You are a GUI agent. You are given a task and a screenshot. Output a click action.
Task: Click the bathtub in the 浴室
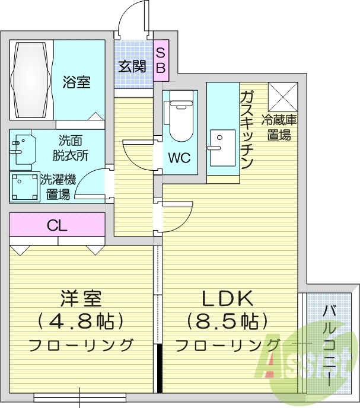pyautogui.click(x=31, y=79)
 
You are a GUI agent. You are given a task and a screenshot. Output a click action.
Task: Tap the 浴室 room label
pyautogui.click(x=77, y=82)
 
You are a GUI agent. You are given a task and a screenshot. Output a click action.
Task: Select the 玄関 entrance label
pyautogui.click(x=132, y=66)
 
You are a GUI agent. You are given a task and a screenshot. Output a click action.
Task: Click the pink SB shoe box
pyautogui.click(x=161, y=60)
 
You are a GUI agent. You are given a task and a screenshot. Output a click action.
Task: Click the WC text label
pyautogui.click(x=179, y=159)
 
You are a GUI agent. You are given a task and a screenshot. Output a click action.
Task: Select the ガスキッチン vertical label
pyautogui.click(x=247, y=130)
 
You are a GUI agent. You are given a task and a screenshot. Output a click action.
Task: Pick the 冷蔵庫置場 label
pyautogui.click(x=279, y=128)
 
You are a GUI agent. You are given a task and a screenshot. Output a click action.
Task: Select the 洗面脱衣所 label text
pyautogui.click(x=74, y=148)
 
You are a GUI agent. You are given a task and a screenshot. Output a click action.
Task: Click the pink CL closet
pyautogui.click(x=57, y=225)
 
